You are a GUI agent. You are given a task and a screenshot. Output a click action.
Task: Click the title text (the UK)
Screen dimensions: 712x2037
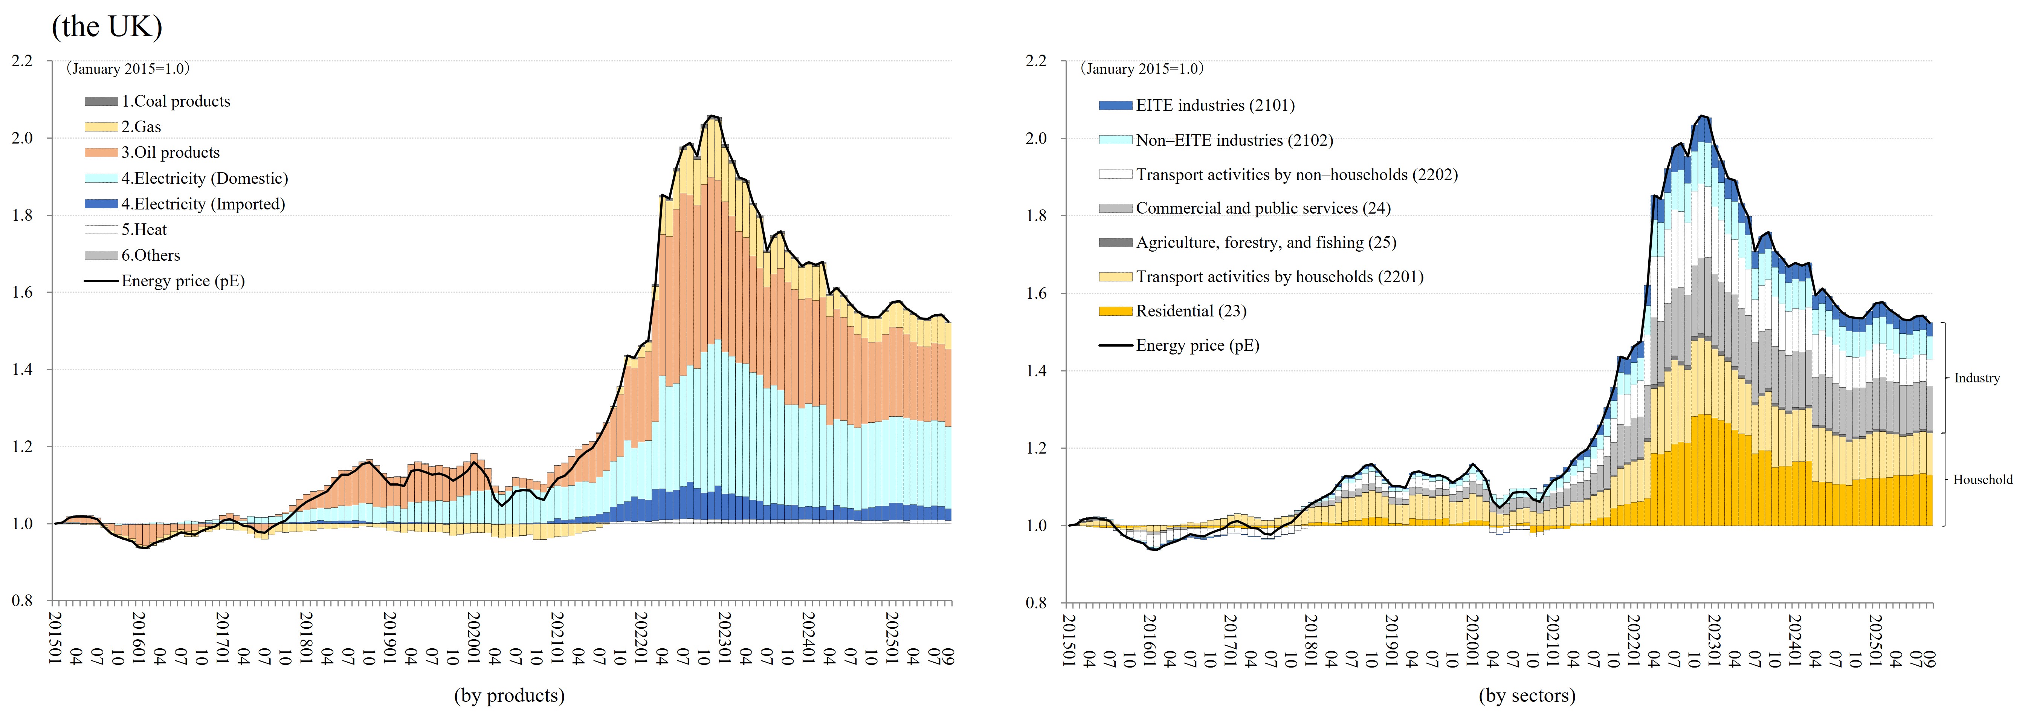point(107,27)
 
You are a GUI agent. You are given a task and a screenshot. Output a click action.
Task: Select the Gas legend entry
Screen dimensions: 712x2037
point(141,127)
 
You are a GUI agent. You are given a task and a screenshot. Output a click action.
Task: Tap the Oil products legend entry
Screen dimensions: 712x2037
point(170,153)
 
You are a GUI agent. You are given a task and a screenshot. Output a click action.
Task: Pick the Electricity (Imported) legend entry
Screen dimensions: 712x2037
point(202,204)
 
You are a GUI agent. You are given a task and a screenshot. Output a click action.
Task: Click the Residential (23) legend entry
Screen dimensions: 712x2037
point(1191,311)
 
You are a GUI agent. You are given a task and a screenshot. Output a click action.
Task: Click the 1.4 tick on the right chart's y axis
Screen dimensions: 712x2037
point(1036,370)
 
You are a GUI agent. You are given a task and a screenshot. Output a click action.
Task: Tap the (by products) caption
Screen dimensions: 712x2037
point(509,695)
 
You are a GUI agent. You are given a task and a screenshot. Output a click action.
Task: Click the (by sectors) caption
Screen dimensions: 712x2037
point(1527,695)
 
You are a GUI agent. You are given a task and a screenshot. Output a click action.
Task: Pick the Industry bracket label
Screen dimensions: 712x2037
point(1976,378)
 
